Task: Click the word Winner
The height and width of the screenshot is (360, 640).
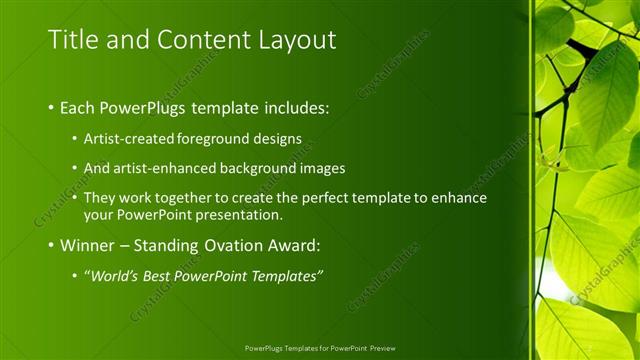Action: [x=88, y=244]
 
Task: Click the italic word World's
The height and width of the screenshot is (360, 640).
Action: [x=117, y=275]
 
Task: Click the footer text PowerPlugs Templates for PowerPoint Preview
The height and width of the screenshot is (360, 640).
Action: [x=319, y=349]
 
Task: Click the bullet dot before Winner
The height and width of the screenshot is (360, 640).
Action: [x=52, y=245]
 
